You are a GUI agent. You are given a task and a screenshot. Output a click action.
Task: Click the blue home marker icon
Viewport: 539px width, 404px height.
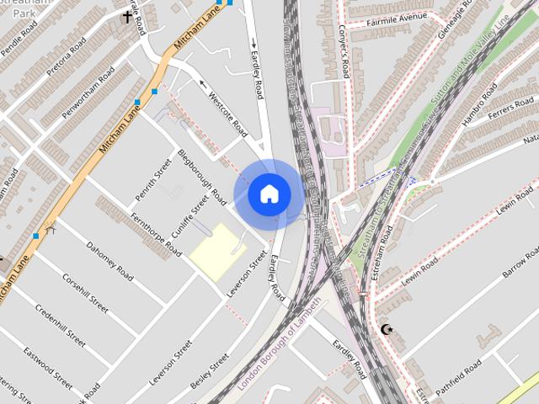(269, 194)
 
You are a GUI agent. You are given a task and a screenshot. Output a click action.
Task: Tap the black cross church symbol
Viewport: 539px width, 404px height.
(128, 16)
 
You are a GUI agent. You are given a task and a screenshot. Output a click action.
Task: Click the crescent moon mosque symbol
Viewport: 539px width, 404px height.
(387, 329)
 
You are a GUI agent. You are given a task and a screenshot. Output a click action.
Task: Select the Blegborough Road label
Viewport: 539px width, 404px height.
(202, 178)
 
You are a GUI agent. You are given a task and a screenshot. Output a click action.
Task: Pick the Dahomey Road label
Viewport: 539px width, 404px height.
(109, 262)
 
